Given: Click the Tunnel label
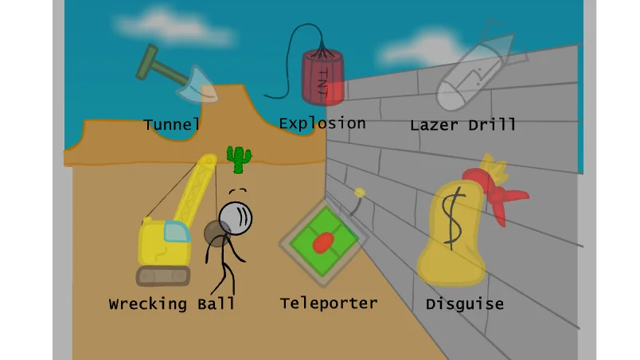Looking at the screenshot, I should pyautogui.click(x=171, y=125).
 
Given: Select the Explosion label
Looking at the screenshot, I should pyautogui.click(x=322, y=123).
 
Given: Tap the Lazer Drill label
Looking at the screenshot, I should pyautogui.click(x=463, y=125).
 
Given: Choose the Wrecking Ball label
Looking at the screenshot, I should pyautogui.click(x=172, y=304).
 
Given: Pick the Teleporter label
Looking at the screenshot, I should pyautogui.click(x=329, y=303).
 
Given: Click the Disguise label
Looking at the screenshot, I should pyautogui.click(x=465, y=303).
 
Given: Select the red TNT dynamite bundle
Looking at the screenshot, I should pyautogui.click(x=322, y=77).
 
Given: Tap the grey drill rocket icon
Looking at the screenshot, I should pyautogui.click(x=470, y=76).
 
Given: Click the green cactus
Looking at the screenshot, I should pyautogui.click(x=239, y=158).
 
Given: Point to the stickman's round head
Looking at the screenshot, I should pyautogui.click(x=236, y=216).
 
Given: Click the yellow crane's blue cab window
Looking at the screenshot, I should pyautogui.click(x=175, y=232).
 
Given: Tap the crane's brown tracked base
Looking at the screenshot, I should pyautogui.click(x=163, y=276).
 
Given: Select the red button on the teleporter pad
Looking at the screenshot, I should pyautogui.click(x=322, y=241).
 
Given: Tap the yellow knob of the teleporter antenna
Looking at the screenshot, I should pyautogui.click(x=360, y=192).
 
